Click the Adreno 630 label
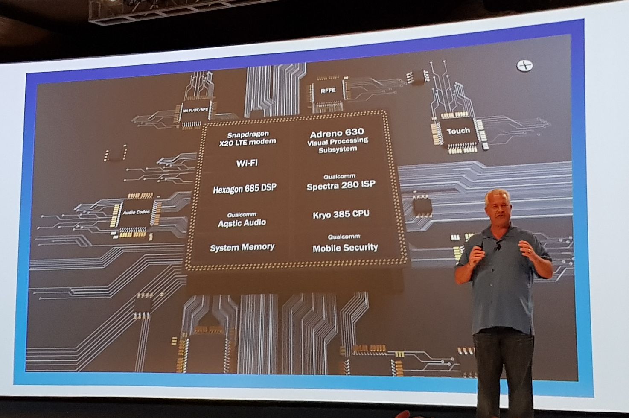pyautogui.click(x=337, y=132)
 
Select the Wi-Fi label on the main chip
pyautogui.click(x=247, y=163)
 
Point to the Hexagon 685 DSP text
pyautogui.click(x=245, y=189)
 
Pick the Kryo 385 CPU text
pyautogui.click(x=341, y=214)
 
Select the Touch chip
pyautogui.click(x=458, y=131)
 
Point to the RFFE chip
pyautogui.click(x=328, y=91)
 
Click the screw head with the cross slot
pyautogui.click(x=524, y=66)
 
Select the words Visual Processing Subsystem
pyautogui.click(x=338, y=145)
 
